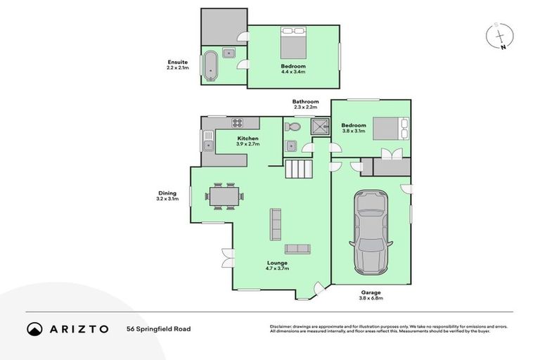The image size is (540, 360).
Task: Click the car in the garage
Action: [x=371, y=233]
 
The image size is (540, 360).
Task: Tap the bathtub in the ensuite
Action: [x=210, y=66]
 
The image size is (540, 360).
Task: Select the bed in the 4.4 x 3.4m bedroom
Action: [x=293, y=43]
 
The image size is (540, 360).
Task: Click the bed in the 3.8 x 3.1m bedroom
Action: [x=387, y=129]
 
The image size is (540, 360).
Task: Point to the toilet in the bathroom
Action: [x=293, y=127]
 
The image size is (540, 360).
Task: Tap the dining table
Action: [x=225, y=195]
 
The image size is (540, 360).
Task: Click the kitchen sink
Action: [x=208, y=146]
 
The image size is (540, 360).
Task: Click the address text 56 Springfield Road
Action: [x=158, y=328]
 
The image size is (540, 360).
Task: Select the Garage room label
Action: [x=371, y=292]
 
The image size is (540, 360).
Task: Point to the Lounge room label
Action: [x=276, y=263]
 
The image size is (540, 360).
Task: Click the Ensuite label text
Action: [x=177, y=63]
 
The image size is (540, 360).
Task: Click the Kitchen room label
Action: [x=247, y=139]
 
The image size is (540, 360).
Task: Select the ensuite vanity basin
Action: [x=229, y=53]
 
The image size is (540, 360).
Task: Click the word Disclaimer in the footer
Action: [x=281, y=326]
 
